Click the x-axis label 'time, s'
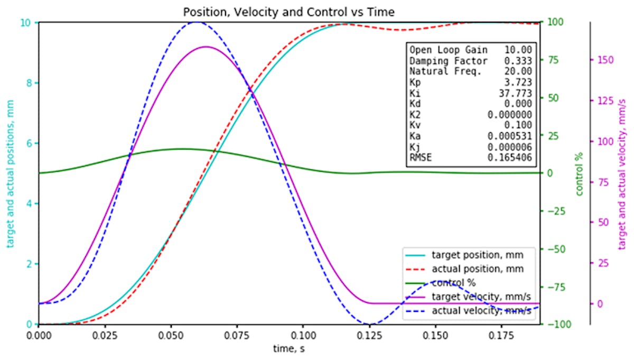[x=288, y=349]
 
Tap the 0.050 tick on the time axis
[x=170, y=335]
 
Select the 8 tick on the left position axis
[x=30, y=83]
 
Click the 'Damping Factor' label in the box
[x=441, y=61]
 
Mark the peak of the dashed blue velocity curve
[x=197, y=22]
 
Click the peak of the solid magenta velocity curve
[x=206, y=47]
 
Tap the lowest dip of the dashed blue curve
[x=369, y=324]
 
